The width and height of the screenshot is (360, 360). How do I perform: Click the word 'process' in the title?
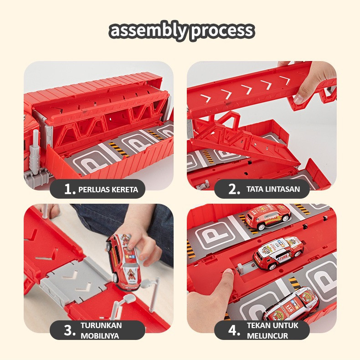point(222,31)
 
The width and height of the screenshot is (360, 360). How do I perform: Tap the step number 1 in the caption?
point(70,190)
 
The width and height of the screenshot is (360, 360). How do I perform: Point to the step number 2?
point(234,190)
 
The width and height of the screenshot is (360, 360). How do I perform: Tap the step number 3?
point(70,331)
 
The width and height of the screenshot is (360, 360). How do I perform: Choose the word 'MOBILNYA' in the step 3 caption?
point(100,336)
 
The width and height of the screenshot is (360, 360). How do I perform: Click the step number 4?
point(234,331)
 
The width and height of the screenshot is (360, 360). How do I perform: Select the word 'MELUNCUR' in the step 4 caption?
point(267,336)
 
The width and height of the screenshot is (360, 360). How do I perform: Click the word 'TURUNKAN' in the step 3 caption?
point(101,325)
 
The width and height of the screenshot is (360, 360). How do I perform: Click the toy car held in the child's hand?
point(123,262)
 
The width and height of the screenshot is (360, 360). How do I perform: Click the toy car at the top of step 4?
point(268,217)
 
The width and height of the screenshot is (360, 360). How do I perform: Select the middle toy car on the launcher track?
point(278,253)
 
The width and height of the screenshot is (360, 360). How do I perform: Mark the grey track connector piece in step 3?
point(76,280)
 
